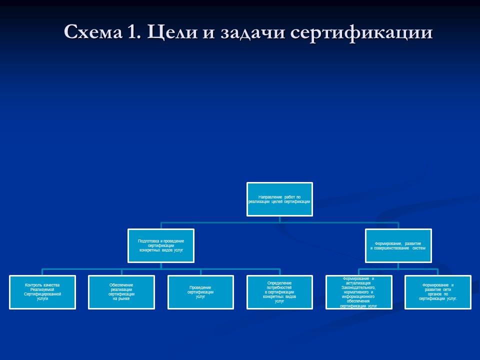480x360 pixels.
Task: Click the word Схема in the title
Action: pos(92,32)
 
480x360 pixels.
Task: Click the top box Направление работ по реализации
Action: pos(279,199)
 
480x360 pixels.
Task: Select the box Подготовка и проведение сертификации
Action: pos(161,245)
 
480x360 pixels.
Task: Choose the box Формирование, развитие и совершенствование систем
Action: pos(398,245)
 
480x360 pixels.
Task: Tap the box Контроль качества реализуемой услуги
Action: pos(42,292)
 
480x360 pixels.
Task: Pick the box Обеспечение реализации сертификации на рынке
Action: pos(121,292)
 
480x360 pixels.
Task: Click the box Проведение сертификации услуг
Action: pos(200,292)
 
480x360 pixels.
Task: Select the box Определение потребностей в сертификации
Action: pos(279,292)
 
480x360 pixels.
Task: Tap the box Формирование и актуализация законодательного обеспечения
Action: pos(358,292)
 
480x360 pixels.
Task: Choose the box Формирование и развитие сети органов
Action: pos(437,292)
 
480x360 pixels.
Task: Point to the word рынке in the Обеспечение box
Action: pos(121,298)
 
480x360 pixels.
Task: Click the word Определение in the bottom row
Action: pos(279,283)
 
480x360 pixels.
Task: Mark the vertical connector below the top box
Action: pos(279,219)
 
